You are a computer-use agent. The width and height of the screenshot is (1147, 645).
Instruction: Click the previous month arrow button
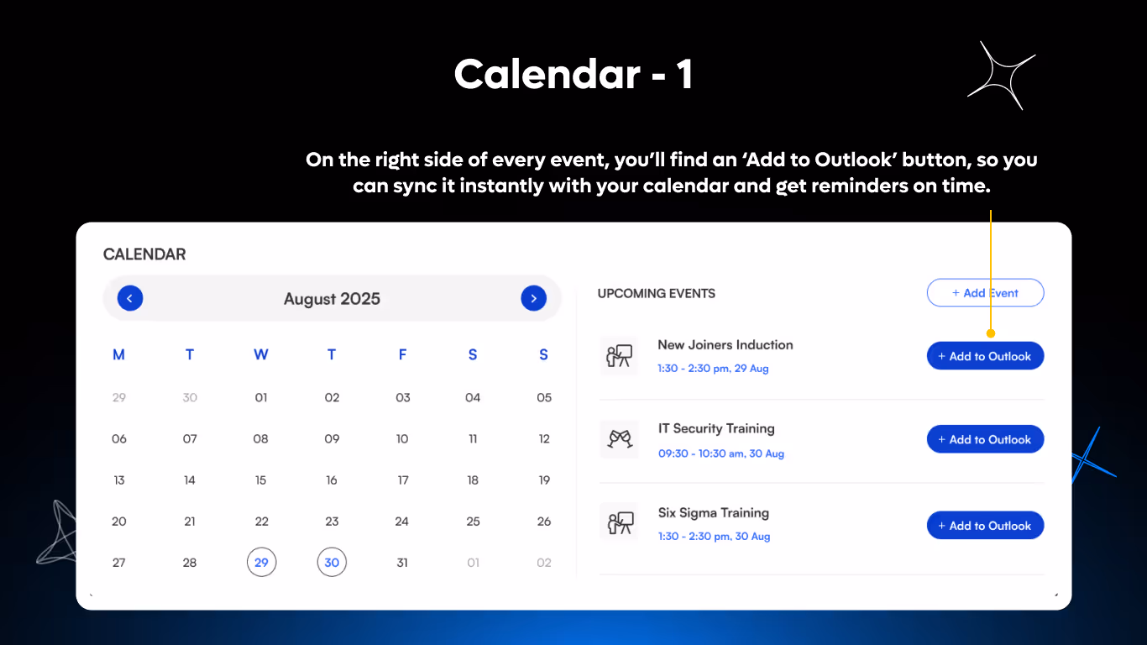pos(130,298)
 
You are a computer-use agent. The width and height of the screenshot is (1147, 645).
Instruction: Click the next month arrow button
pos(534,298)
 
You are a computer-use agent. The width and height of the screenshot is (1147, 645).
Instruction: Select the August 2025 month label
pos(332,299)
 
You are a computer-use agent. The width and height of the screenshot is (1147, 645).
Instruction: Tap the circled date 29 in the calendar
pos(261,563)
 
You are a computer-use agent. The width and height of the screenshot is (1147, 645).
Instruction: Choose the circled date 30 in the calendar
pos(332,563)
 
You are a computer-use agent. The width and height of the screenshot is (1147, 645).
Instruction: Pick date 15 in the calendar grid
pos(261,480)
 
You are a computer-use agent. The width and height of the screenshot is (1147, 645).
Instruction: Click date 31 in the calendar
pos(402,563)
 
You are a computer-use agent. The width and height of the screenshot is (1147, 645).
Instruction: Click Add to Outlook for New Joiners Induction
pos(985,356)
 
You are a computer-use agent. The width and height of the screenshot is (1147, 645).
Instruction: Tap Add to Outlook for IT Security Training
pos(985,439)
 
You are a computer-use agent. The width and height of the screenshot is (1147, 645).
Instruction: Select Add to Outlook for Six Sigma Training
pos(985,526)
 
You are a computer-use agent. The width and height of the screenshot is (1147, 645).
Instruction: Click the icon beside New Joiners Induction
pos(620,356)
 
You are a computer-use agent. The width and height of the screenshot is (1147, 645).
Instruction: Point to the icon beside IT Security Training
pos(620,439)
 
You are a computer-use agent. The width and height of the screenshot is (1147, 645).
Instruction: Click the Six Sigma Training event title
pos(714,513)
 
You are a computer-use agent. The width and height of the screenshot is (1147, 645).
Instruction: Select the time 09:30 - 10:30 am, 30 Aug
pos(721,454)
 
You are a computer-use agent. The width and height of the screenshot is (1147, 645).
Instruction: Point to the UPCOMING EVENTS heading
pos(657,294)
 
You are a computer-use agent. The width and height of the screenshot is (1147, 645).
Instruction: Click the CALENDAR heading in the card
pos(144,254)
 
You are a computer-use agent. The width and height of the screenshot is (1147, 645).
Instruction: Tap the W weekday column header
pos(261,355)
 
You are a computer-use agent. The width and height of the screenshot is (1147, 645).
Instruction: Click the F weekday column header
pos(402,355)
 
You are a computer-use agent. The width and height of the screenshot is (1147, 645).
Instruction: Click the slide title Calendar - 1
pos(573,75)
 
